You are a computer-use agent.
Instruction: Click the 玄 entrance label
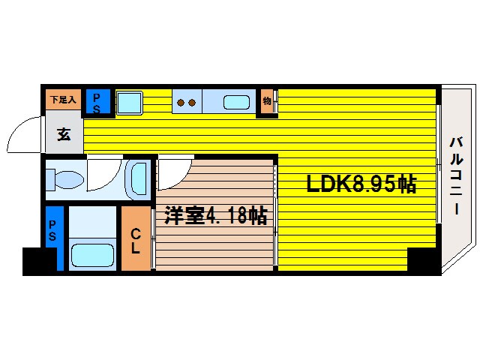click(64, 135)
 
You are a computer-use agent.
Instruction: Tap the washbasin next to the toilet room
click(139, 179)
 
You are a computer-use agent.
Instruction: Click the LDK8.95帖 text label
click(360, 184)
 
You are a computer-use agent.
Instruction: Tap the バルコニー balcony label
click(455, 177)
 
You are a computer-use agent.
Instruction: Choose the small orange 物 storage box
click(266, 101)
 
